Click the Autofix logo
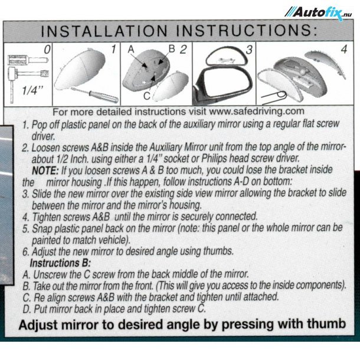319,13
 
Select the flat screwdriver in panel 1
94,94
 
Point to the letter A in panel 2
131,50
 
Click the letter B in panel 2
172,48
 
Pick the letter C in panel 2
147,96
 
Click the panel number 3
249,50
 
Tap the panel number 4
344,50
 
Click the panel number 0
47,50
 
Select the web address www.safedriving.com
257,112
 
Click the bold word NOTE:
45,171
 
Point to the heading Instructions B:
60,263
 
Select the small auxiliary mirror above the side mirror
227,57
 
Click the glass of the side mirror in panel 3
225,83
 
